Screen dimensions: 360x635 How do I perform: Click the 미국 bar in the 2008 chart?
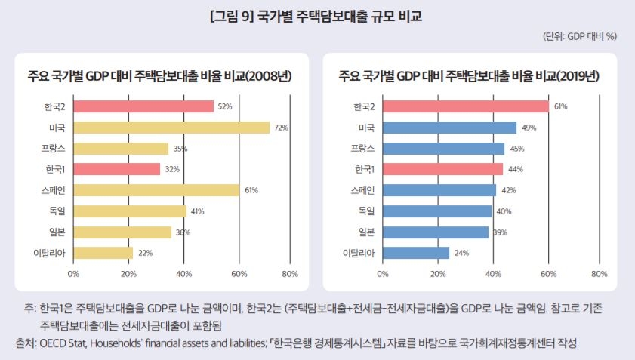(x=171, y=128)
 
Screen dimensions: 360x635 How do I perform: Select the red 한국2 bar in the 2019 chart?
(x=466, y=106)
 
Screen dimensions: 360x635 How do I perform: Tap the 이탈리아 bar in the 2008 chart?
(x=103, y=252)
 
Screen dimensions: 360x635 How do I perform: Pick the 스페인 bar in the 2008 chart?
(x=156, y=190)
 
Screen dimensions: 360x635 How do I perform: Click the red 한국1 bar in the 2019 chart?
(x=442, y=169)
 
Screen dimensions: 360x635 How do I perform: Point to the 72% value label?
(x=282, y=128)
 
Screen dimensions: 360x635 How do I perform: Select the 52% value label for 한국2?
(x=224, y=107)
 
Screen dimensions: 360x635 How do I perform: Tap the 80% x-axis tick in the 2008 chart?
(x=289, y=273)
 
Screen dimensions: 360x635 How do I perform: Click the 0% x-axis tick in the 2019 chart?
(x=383, y=273)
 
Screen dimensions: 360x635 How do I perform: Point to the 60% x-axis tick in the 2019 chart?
(x=548, y=273)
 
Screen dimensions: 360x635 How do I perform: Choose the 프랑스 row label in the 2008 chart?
(x=53, y=149)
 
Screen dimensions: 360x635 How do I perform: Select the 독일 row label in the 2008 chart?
(x=57, y=211)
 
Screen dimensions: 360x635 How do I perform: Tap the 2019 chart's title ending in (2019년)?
(x=469, y=76)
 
